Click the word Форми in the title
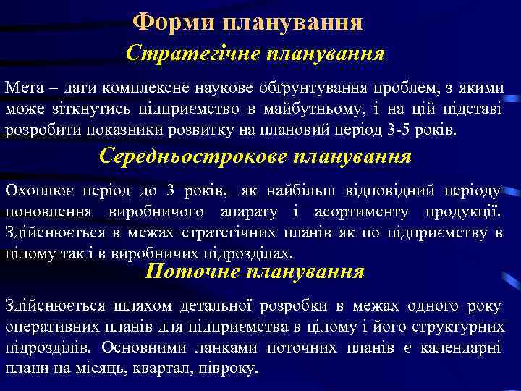(x=165, y=22)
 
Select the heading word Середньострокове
(x=190, y=156)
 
